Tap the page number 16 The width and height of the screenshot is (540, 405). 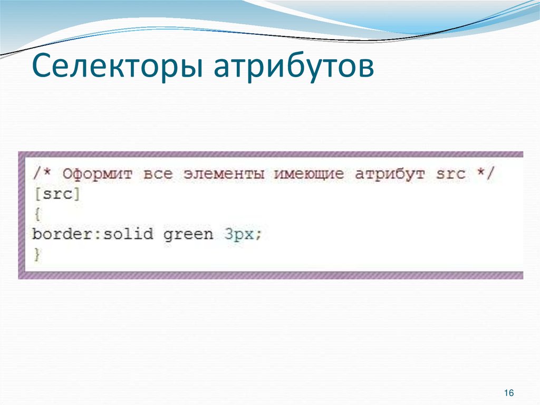[x=509, y=393]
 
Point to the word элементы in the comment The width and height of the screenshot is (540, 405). [x=224, y=174]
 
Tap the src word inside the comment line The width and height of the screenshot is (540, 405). [x=451, y=174]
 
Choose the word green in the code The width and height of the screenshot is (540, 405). [x=188, y=233]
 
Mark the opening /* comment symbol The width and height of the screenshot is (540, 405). [x=42, y=174]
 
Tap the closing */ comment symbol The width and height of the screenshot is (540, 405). [x=485, y=174]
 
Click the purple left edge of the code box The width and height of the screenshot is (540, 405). [x=22, y=214]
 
